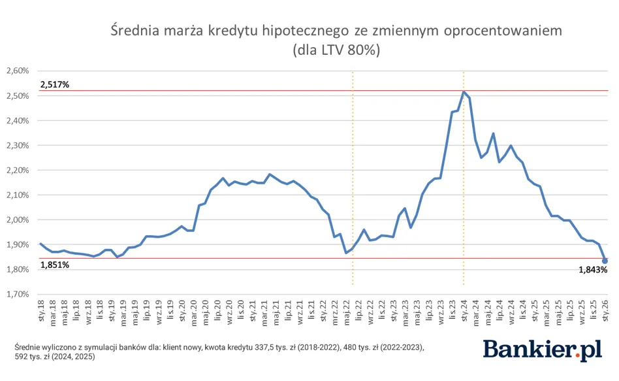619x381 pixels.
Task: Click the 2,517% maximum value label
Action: [x=55, y=84]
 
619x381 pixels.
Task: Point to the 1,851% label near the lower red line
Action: [x=55, y=265]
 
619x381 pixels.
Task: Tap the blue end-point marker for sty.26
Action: [x=605, y=261]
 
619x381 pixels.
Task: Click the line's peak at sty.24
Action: [x=464, y=91]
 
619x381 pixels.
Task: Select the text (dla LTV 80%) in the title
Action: [x=336, y=50]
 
